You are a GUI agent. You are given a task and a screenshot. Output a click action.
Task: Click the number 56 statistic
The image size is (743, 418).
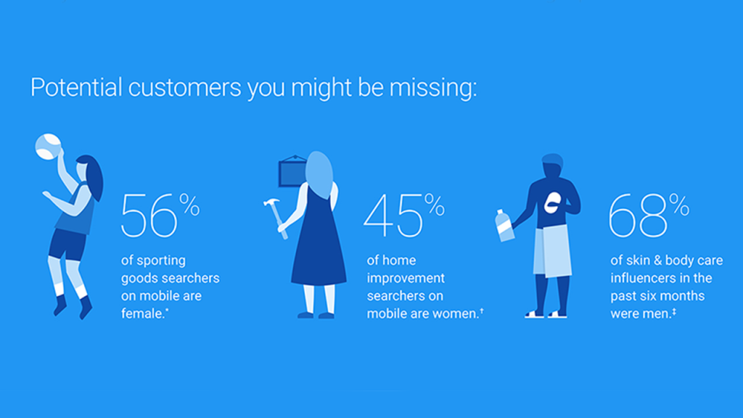pyautogui.click(x=149, y=216)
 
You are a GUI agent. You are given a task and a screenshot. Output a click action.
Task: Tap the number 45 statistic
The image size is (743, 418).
pyautogui.click(x=393, y=216)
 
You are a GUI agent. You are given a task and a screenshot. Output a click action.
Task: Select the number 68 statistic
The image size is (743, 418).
pyautogui.click(x=637, y=216)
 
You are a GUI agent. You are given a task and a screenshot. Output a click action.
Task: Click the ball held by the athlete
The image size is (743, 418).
pyautogui.click(x=48, y=147)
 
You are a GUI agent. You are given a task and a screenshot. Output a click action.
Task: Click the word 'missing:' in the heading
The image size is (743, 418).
pyautogui.click(x=432, y=88)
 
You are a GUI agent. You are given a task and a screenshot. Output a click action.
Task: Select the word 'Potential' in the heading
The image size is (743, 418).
pyautogui.click(x=76, y=88)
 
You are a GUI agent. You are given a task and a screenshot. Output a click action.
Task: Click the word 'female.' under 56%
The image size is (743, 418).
pyautogui.click(x=144, y=313)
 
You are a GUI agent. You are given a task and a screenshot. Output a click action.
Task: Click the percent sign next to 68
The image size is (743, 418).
pyautogui.click(x=679, y=205)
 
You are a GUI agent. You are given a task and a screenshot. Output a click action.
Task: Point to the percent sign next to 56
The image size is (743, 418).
pyautogui.click(x=189, y=205)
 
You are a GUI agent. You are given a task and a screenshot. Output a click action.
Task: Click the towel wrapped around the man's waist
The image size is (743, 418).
pyautogui.click(x=551, y=250)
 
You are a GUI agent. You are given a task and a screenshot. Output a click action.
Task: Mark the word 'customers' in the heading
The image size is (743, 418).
pyautogui.click(x=185, y=88)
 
